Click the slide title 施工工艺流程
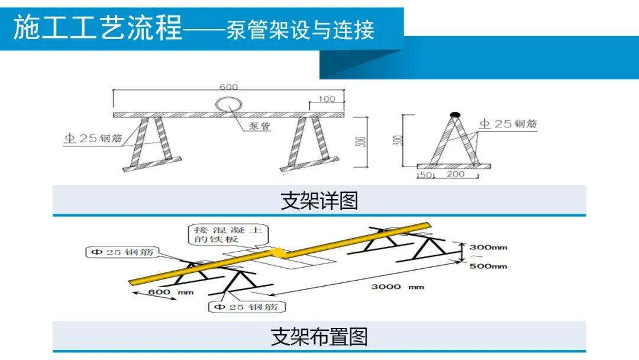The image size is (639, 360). click(98, 28)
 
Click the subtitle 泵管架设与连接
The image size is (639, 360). click(300, 30)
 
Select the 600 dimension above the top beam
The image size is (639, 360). click(228, 86)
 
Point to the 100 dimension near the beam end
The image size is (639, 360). click(327, 99)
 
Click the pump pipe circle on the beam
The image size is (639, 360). click(228, 105)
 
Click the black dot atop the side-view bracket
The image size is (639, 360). click(454, 113)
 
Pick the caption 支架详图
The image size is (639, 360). click(319, 201)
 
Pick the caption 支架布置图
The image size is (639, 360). click(319, 336)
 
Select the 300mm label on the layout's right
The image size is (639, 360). click(488, 246)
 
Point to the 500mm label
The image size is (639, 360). click(488, 266)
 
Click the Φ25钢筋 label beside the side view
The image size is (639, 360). click(508, 124)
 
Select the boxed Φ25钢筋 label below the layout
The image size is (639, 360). click(247, 307)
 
